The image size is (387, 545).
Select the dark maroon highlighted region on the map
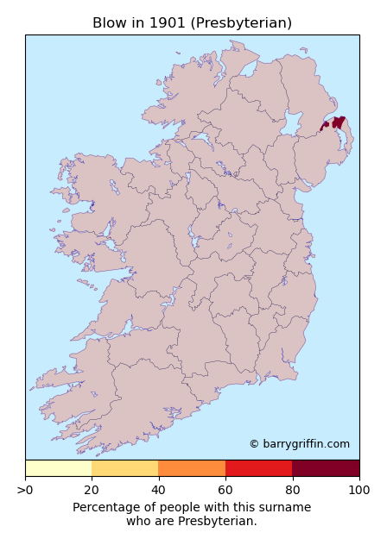click(x=338, y=122)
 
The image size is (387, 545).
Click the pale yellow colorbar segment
click(x=58, y=468)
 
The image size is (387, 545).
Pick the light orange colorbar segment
click(x=124, y=468)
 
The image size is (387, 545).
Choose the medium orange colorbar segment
click(x=192, y=468)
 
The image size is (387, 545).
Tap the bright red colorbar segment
click(x=258, y=468)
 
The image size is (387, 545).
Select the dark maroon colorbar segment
click(x=326, y=468)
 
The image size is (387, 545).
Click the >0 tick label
click(x=25, y=491)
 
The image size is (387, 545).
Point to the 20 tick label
click(x=92, y=491)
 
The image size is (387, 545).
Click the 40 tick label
click(x=158, y=491)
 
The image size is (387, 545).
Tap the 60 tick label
click(x=225, y=491)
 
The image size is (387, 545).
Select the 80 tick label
click(x=292, y=491)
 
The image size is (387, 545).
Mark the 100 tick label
click(x=358, y=491)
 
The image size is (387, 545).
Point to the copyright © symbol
click(x=254, y=444)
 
